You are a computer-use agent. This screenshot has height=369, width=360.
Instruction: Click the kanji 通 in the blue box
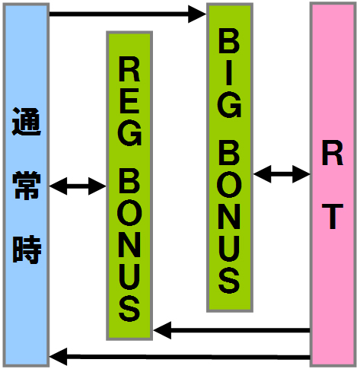tap(27, 122)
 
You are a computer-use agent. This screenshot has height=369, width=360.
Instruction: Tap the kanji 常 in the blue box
tap(27, 185)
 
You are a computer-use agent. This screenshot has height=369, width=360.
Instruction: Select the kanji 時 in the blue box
tap(27, 250)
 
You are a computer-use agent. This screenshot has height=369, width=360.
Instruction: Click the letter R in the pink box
tap(333, 153)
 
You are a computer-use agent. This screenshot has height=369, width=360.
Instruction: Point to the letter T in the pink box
tap(333, 216)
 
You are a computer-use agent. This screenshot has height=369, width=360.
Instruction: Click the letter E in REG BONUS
tap(129, 101)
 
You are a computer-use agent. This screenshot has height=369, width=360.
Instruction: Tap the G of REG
tap(129, 133)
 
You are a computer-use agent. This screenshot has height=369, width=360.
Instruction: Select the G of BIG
tap(229, 105)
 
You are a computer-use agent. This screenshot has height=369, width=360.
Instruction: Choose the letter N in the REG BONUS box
tap(129, 243)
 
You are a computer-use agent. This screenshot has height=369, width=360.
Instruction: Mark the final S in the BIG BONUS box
tap(229, 280)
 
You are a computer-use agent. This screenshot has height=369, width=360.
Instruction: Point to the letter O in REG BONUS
tap(129, 212)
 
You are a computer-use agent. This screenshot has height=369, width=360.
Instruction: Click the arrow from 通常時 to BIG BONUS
tap(128, 14)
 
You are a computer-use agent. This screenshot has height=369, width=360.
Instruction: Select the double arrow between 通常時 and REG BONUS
tap(78, 186)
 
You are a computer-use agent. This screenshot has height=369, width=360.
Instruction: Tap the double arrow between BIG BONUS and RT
tap(282, 174)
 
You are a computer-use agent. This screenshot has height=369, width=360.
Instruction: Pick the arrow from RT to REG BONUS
tap(232, 330)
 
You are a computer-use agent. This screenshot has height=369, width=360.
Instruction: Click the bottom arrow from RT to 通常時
tap(180, 358)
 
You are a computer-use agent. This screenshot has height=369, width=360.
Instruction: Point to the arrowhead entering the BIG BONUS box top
tap(197, 14)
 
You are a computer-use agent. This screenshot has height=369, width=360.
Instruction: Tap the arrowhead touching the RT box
tap(301, 174)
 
